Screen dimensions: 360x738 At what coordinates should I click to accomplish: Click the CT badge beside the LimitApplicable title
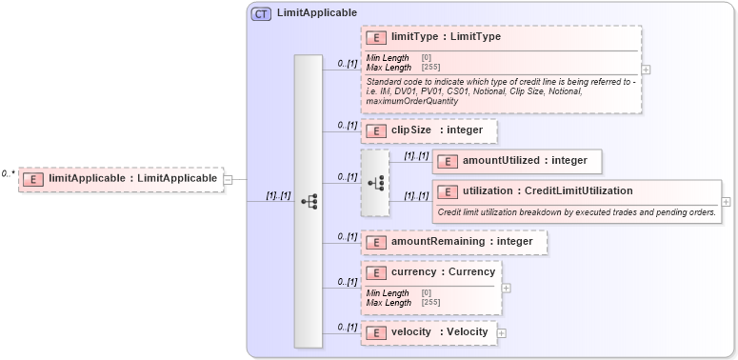260,14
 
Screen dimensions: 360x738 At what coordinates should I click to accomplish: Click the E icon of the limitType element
376,37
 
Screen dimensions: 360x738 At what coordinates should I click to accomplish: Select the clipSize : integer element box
429,130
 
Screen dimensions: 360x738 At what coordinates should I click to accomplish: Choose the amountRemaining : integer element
453,242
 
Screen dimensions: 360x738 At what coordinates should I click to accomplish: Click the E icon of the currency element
376,272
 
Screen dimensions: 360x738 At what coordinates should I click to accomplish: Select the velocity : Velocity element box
429,332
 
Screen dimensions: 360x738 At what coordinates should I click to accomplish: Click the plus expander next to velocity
502,333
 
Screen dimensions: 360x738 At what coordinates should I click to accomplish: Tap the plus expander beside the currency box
507,288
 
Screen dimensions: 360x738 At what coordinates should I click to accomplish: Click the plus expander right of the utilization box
727,202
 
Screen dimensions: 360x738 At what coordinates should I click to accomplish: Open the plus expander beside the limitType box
647,70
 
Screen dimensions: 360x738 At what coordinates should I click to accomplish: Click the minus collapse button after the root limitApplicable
228,178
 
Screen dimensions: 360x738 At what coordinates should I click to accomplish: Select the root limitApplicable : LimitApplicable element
122,178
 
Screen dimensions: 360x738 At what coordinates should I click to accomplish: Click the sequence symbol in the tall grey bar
309,201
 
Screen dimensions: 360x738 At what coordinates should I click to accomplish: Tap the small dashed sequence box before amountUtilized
375,182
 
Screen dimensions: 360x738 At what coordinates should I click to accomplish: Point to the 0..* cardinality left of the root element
8,174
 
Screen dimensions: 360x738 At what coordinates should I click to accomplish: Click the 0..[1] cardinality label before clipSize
348,125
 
